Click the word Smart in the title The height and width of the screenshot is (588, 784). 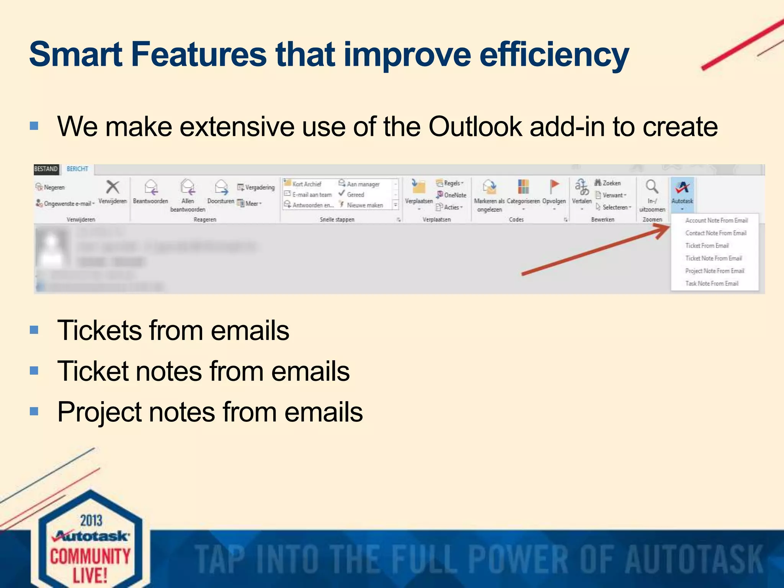click(75, 54)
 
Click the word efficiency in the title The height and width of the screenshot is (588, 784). click(554, 54)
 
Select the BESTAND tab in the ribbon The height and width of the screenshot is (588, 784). click(46, 169)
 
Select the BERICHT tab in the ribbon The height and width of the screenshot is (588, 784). click(77, 169)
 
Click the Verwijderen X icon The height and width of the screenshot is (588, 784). click(113, 187)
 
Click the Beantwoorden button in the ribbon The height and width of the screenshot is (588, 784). click(150, 191)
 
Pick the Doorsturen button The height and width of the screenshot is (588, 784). click(221, 191)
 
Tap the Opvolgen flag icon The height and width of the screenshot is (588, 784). click(554, 187)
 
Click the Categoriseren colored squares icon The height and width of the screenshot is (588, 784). click(523, 187)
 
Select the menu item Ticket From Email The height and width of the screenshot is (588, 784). click(707, 246)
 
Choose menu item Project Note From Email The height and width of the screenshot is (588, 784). click(714, 271)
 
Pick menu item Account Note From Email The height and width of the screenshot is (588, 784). click(716, 220)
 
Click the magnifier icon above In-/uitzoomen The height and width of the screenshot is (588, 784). click(652, 187)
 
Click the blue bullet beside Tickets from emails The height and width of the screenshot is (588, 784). click(34, 330)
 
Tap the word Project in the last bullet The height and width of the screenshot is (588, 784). click(99, 412)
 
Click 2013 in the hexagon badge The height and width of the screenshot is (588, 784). click(91, 521)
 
